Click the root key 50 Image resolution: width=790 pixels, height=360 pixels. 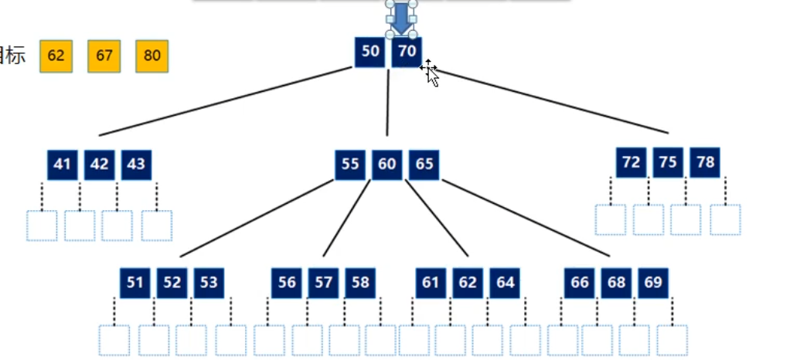370,52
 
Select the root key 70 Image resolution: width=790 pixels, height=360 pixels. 407,52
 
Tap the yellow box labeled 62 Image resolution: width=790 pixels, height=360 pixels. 56,56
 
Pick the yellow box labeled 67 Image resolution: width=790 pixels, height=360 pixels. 104,56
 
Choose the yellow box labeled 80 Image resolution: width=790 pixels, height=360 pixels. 152,56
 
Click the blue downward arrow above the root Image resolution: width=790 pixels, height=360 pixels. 400,19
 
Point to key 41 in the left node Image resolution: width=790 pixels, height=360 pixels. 63,165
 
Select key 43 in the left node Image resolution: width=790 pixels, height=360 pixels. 136,165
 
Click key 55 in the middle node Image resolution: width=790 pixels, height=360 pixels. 350,165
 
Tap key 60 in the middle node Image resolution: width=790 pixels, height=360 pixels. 387,165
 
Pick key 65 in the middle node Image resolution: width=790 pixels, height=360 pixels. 424,165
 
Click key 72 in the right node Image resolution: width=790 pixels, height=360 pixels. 632,162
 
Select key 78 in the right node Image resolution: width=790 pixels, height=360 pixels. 705,162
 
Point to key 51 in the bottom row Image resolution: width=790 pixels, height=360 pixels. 135,283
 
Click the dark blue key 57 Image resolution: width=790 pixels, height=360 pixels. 324,283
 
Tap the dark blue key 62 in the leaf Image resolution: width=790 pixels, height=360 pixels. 468,283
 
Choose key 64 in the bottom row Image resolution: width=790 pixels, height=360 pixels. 505,283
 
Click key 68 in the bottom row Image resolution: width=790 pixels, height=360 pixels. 616,283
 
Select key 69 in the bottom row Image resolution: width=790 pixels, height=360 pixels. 653,283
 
